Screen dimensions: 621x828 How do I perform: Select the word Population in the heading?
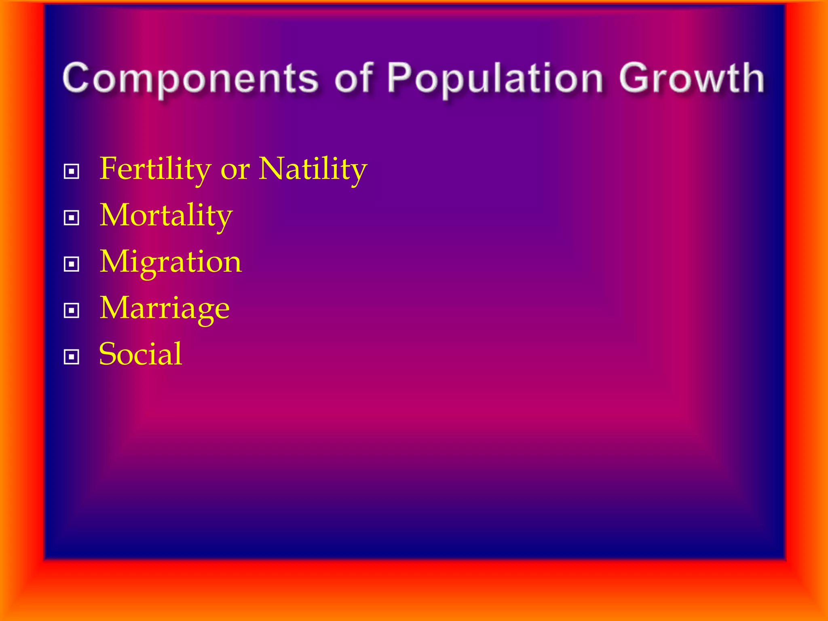click(496, 79)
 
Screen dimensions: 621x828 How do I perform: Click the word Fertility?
click(155, 169)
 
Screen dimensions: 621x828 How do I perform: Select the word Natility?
click(313, 169)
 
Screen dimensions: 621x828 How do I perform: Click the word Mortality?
click(166, 216)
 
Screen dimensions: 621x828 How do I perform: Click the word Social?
click(140, 354)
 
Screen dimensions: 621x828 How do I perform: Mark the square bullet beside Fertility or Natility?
click(72, 171)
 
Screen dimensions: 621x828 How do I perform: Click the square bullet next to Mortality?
click(72, 218)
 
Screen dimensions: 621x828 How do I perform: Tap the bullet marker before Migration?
click(72, 264)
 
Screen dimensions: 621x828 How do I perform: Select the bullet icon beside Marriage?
click(72, 311)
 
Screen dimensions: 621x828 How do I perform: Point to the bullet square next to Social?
click(72, 357)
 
